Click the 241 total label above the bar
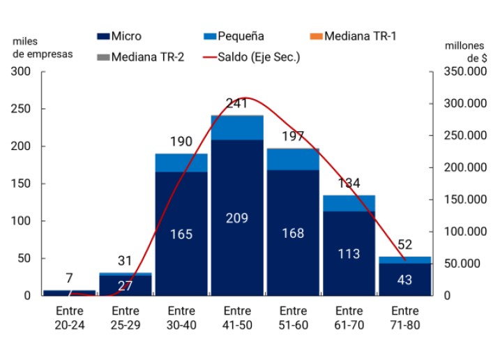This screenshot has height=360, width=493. coord(237,104)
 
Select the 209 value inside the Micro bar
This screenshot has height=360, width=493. coord(237,218)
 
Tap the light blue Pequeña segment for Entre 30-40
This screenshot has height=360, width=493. coord(181,163)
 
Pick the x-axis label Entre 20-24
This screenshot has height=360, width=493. coord(68,316)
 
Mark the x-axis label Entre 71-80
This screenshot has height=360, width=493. coord(405,316)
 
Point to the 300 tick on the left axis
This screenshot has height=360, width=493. coord(21,72)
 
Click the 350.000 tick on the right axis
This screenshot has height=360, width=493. coord(463,72)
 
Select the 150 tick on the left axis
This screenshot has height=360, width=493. coord(21,183)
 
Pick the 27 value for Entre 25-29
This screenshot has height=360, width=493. coord(125,285)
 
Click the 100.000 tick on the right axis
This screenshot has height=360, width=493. coord(463,232)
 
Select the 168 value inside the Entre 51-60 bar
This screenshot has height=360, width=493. coord(293,233)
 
